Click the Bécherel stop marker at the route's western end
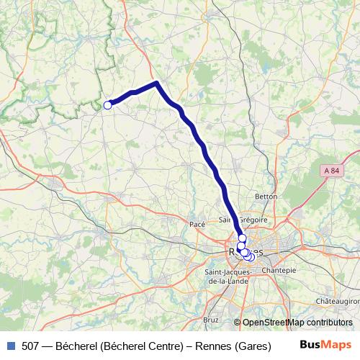[x=108, y=105]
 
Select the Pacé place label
[x=197, y=225]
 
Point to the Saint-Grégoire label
[x=243, y=220]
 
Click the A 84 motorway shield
[x=331, y=171]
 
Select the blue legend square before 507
[x=10, y=346]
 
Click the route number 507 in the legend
[x=31, y=346]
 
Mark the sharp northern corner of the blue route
[x=157, y=84]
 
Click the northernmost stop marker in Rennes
[x=243, y=238]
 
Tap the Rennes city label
[x=245, y=252]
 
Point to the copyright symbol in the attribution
[x=238, y=323]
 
